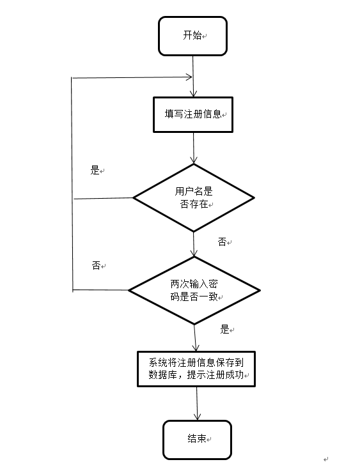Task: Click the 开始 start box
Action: pos(192,36)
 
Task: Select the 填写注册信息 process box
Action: pos(193,114)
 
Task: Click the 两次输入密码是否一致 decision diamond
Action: pos(194,291)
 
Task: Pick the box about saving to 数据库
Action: pos(196,368)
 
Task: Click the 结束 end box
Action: pos(197,439)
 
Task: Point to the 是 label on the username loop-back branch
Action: pos(95,171)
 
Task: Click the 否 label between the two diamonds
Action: pos(223,242)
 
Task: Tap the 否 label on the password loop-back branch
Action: pos(96,265)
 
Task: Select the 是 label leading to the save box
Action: pos(224,330)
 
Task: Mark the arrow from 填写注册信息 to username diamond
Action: pos(193,150)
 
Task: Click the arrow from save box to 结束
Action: pos(196,403)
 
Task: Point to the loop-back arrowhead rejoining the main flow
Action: pos(189,77)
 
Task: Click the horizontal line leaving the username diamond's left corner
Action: pos(102,198)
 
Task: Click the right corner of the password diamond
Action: pos(258,291)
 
